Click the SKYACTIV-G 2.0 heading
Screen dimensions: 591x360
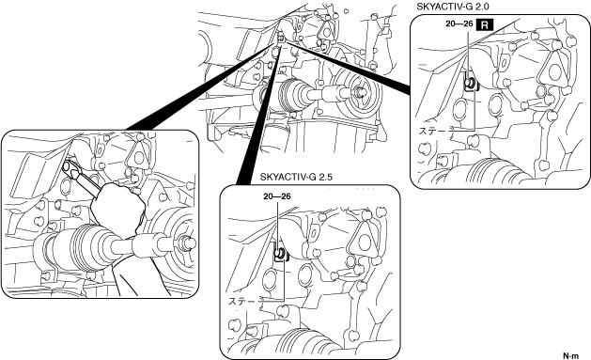click(453, 7)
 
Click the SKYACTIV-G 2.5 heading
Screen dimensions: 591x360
click(296, 177)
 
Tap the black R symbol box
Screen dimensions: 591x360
click(485, 25)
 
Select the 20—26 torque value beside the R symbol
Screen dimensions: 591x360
click(459, 23)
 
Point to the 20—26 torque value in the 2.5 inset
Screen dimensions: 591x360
click(277, 196)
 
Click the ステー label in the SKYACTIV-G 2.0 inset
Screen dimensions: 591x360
click(433, 131)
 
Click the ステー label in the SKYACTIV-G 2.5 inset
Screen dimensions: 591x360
click(242, 301)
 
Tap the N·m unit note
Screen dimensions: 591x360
click(570, 355)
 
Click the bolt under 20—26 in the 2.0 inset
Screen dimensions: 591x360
click(471, 83)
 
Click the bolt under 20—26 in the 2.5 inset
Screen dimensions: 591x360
click(280, 254)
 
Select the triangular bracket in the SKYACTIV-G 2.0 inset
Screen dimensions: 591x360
click(553, 71)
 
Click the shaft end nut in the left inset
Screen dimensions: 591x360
click(189, 243)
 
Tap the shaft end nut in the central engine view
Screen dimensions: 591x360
click(360, 91)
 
